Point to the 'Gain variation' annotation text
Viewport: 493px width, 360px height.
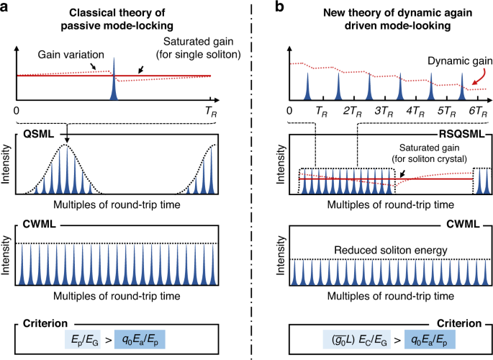[x=71, y=55]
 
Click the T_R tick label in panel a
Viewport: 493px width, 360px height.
[x=209, y=112]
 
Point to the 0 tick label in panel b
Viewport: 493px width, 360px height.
[x=289, y=112]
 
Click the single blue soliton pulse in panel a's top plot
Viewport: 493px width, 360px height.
[x=114, y=83]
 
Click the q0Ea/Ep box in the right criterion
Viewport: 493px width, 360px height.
[x=428, y=338]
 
